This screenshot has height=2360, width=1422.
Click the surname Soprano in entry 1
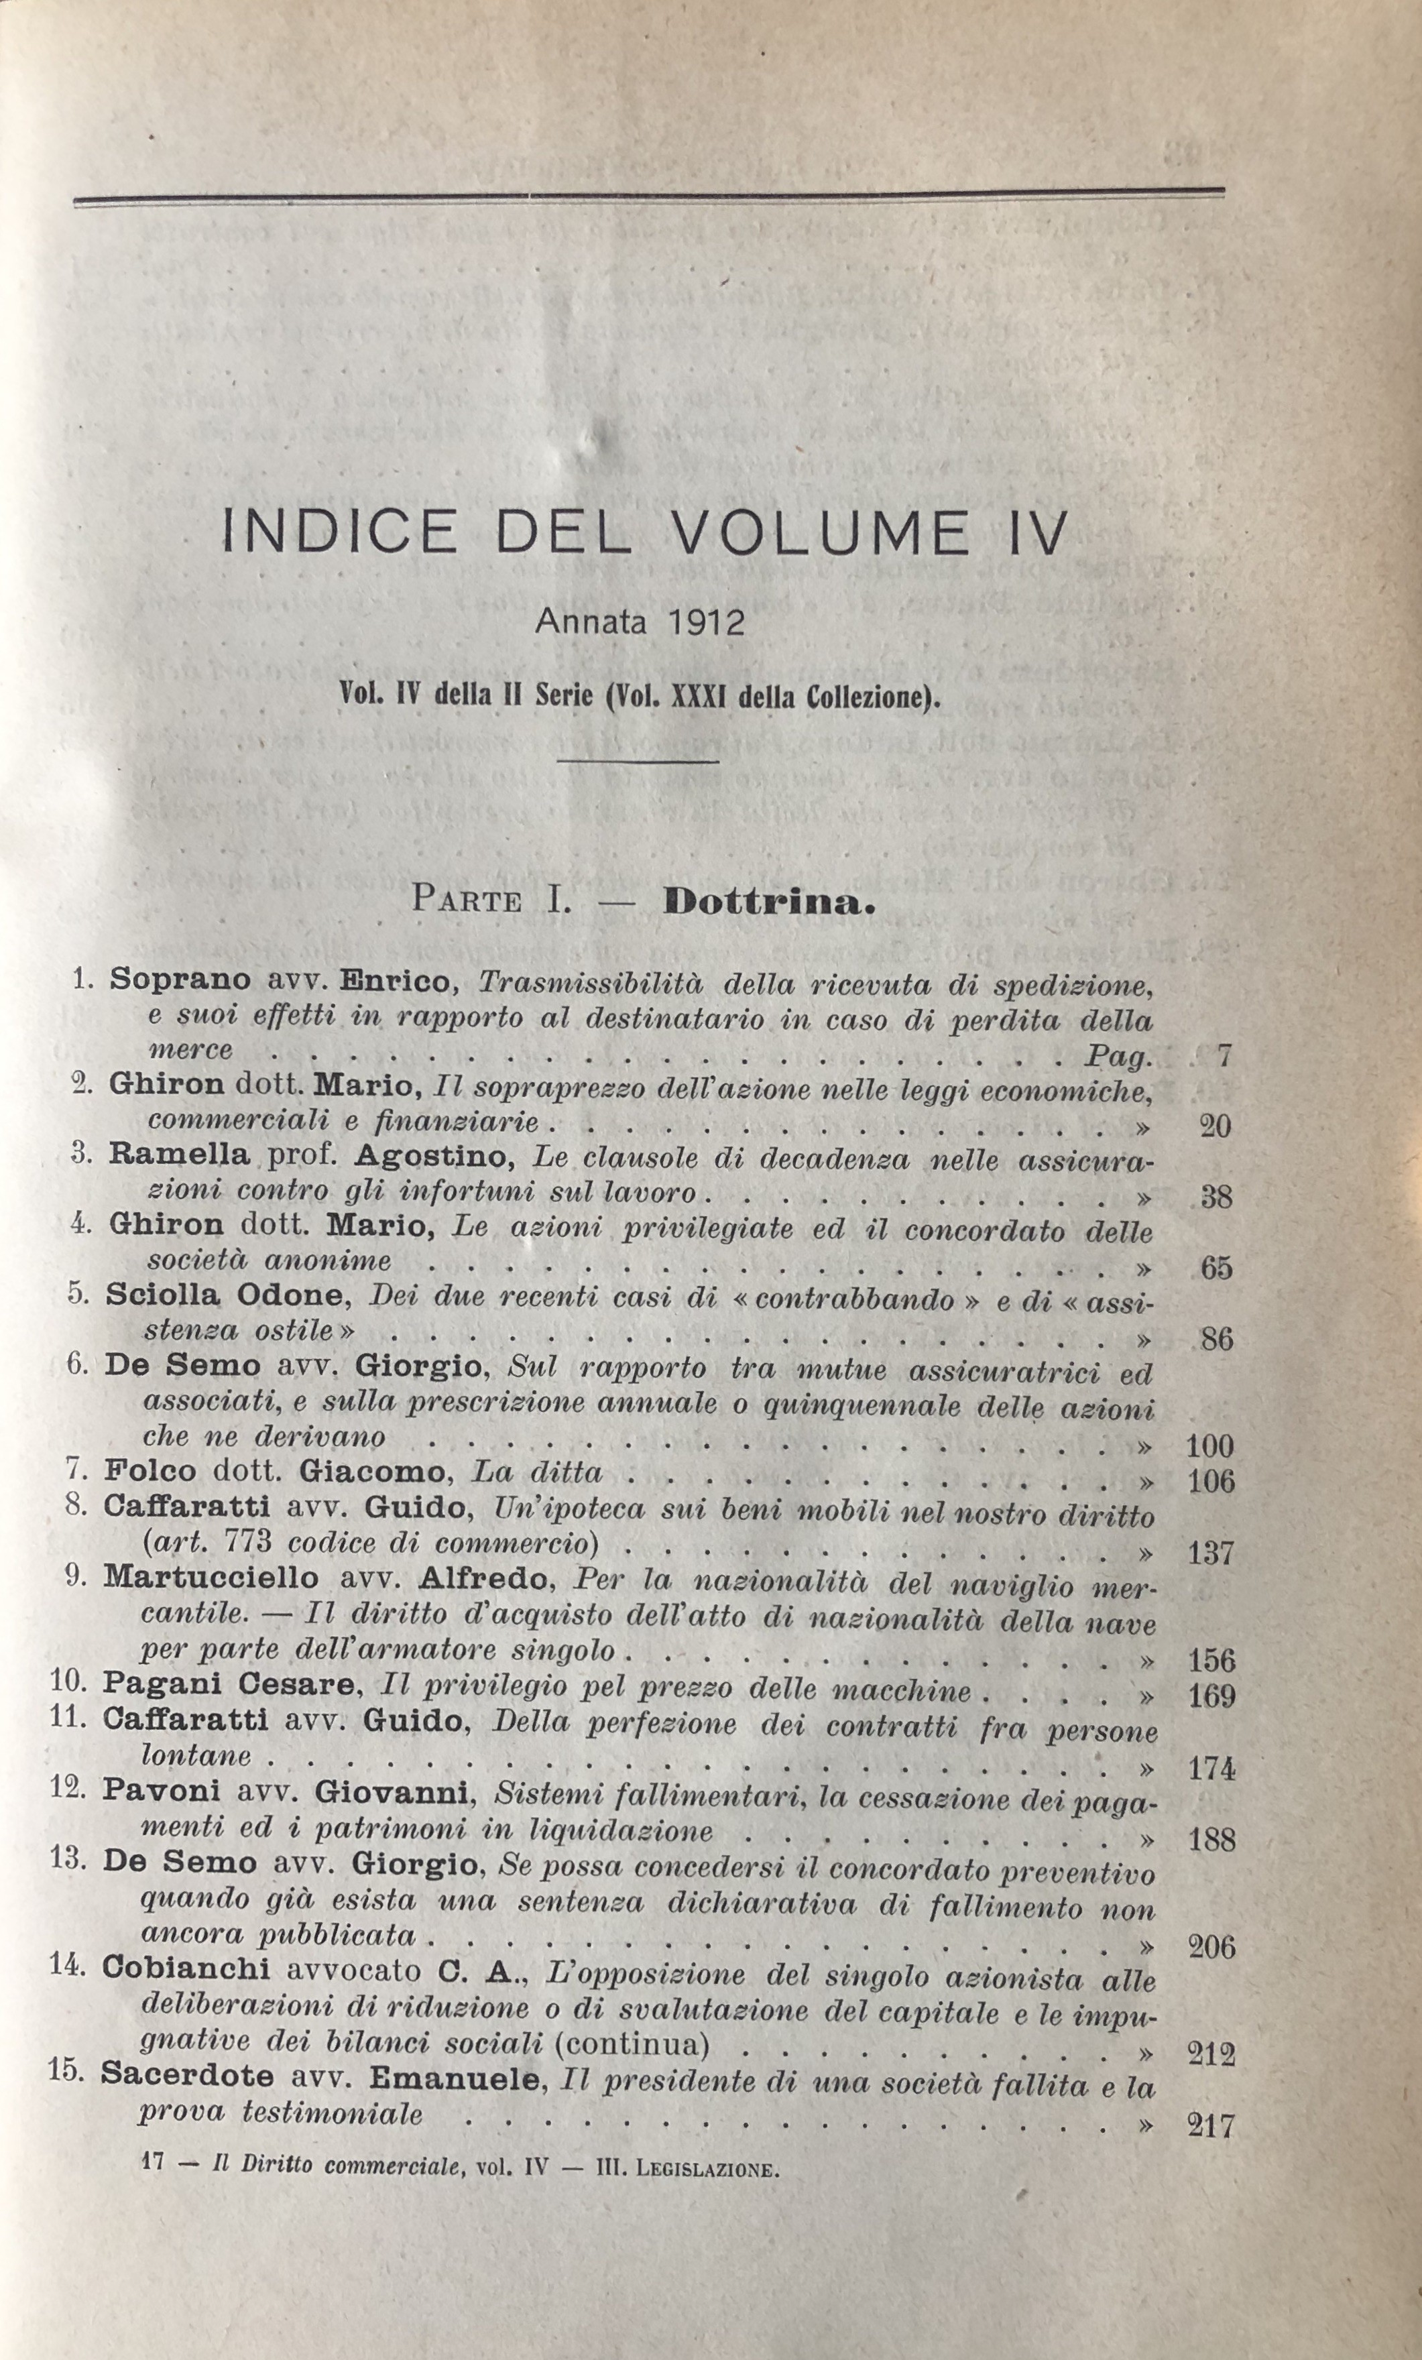[x=181, y=980]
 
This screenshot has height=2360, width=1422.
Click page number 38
[x=1215, y=1197]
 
